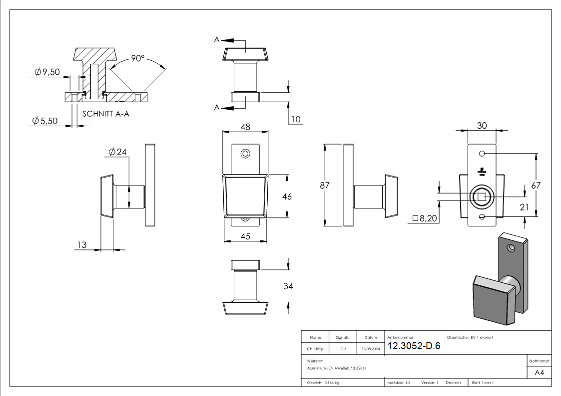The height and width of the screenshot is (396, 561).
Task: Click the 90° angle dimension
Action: click(x=137, y=58)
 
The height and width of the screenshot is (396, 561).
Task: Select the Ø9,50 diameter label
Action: click(x=47, y=72)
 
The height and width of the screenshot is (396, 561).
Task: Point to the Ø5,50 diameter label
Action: click(x=45, y=121)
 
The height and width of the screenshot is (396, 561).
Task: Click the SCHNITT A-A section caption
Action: click(x=105, y=114)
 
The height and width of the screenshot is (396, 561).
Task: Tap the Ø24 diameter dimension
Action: click(x=117, y=152)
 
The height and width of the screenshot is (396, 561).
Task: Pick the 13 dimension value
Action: click(x=82, y=245)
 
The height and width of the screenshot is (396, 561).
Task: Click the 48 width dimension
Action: click(x=245, y=127)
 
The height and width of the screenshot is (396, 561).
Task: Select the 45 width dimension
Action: click(x=245, y=236)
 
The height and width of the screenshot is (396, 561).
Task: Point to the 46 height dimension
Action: click(x=286, y=197)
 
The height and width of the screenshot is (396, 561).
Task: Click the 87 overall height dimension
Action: click(x=325, y=186)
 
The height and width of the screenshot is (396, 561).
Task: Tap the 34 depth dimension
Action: click(x=288, y=286)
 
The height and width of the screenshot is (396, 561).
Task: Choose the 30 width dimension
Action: click(x=482, y=126)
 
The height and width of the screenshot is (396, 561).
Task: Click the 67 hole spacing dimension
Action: click(x=536, y=186)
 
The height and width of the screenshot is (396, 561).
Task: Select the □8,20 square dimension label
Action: click(x=425, y=218)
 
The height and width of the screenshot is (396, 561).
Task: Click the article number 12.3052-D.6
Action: click(x=414, y=347)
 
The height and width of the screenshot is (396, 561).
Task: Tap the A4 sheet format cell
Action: click(x=539, y=373)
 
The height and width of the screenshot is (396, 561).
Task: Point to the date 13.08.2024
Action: click(x=371, y=349)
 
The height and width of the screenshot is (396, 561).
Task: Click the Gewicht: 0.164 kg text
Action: click(x=323, y=383)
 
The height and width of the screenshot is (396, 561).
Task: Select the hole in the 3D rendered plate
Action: click(x=511, y=247)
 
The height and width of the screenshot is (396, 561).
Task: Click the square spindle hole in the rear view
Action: click(x=482, y=197)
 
